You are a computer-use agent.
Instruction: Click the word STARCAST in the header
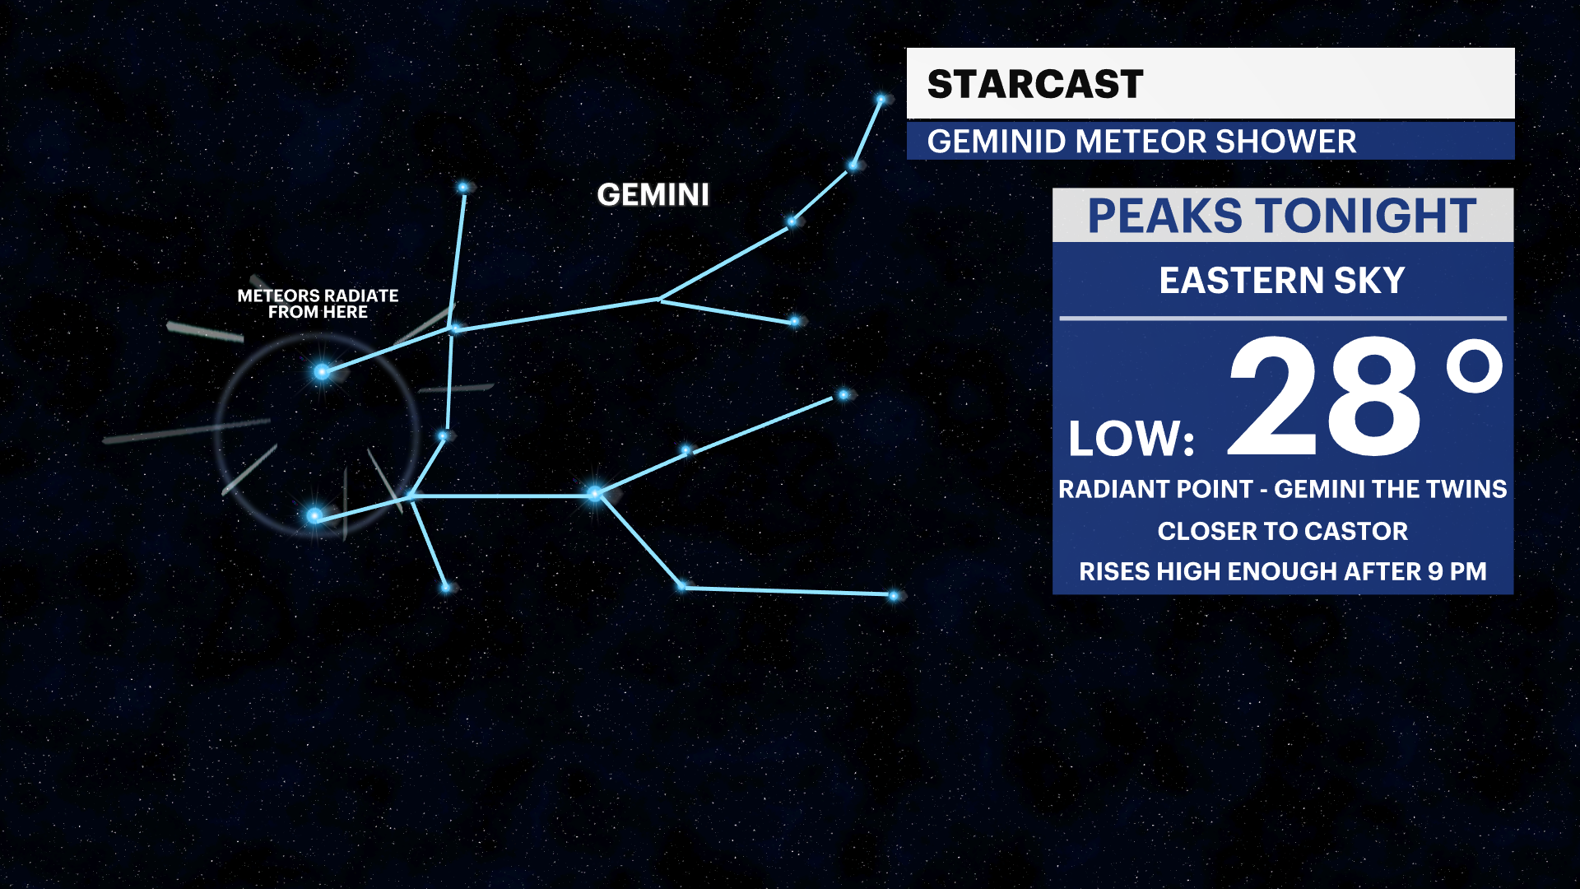[1034, 84]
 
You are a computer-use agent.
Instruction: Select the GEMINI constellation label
[653, 195]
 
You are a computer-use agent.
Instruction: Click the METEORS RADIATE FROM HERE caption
[318, 304]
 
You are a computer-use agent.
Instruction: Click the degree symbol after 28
[1475, 368]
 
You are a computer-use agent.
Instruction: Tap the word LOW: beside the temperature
[1131, 439]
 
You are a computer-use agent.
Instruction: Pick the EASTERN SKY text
[1281, 281]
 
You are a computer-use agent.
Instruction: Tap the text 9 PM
[1457, 571]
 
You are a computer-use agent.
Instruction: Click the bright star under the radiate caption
[322, 372]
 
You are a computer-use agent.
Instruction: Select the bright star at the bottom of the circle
[314, 516]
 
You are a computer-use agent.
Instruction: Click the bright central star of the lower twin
[595, 494]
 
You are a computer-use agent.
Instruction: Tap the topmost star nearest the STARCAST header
[881, 100]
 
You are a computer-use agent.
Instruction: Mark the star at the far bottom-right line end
[894, 595]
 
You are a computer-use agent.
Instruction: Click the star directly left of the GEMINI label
[463, 188]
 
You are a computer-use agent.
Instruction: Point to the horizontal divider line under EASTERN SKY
[1282, 318]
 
